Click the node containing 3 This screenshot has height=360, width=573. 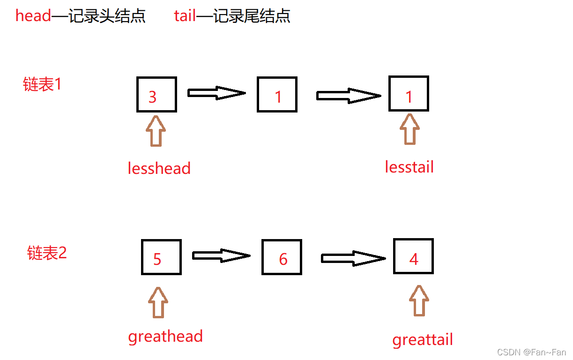coord(156,95)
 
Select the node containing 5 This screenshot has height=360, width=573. coord(161,257)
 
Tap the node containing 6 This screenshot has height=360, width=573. coord(282,257)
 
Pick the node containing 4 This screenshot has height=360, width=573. coord(413,256)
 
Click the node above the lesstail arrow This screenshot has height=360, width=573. coord(409,94)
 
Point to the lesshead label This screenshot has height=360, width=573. coord(159,168)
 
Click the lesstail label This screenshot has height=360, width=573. coord(409,166)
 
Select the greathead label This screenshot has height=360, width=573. coord(165,336)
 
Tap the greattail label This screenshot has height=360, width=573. coord(423,339)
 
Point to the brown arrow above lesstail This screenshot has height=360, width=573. coord(410,129)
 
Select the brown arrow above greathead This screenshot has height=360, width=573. coord(158,303)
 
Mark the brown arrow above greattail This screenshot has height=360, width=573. coord(418,300)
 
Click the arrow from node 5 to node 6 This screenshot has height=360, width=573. coord(221,256)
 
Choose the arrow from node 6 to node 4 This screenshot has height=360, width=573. coord(352,258)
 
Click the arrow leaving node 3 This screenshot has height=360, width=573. coord(216,93)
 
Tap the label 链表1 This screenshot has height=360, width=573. coord(42,84)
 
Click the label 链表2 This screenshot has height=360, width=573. coord(47,253)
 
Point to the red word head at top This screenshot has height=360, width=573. coord(33,15)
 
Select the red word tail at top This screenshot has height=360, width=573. coord(185,15)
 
